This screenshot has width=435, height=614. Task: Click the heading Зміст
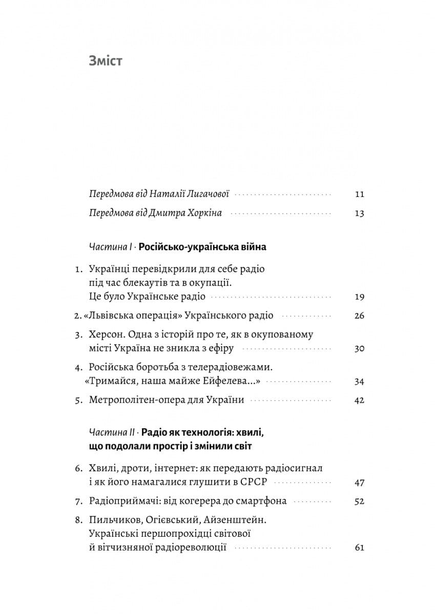(x=106, y=61)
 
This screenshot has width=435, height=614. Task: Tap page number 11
(x=359, y=194)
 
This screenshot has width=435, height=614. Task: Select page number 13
(x=359, y=213)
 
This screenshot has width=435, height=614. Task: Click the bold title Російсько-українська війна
(x=202, y=247)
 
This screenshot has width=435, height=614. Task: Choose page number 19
(x=359, y=297)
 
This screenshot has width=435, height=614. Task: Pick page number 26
(x=359, y=316)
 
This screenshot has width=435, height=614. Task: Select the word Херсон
(x=106, y=335)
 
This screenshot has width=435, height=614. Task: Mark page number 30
(x=359, y=349)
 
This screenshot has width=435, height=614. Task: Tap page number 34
(x=359, y=381)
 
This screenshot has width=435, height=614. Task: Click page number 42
(x=359, y=400)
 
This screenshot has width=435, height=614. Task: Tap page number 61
(x=359, y=548)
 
